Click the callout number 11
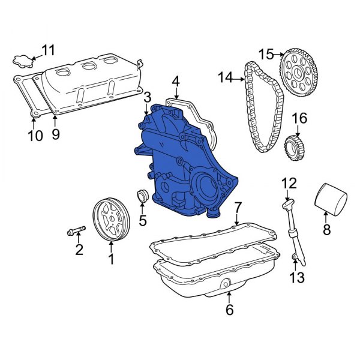pos(47,50)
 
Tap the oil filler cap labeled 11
pos(22,60)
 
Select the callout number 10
pos(35,136)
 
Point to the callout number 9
pos(55,134)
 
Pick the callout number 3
pos(147,97)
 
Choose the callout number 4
pos(176,81)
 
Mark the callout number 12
pos(289,182)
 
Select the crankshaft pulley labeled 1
pos(111,222)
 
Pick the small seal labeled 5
pos(143,196)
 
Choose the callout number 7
pos(238,208)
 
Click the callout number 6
pos(229,310)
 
